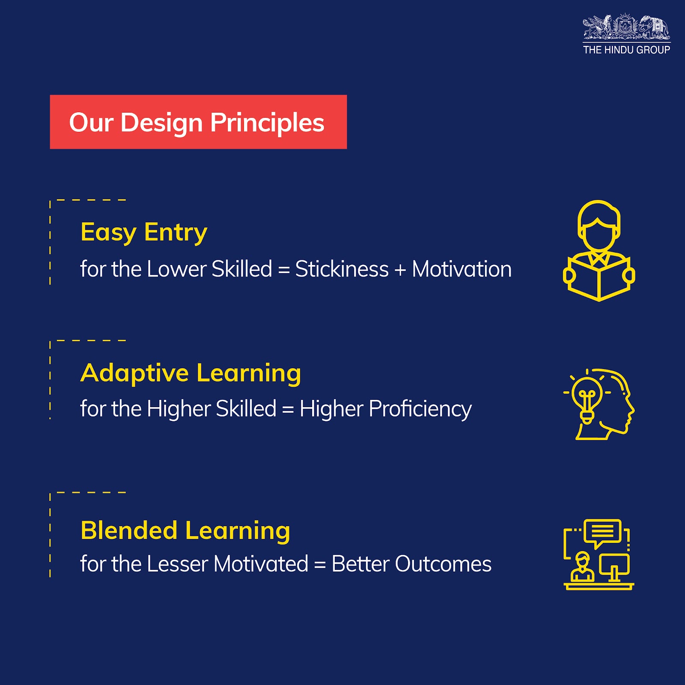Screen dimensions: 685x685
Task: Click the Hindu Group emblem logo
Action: click(626, 28)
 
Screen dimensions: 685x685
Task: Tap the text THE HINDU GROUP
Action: click(626, 50)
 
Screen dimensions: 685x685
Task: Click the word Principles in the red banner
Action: click(267, 123)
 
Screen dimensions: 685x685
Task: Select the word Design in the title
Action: click(161, 123)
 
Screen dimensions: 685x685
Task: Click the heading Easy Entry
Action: click(144, 232)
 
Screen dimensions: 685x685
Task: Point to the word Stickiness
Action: click(342, 269)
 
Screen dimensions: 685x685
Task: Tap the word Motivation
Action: click(462, 269)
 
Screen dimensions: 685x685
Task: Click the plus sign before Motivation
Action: click(400, 270)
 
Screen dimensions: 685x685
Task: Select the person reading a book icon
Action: click(599, 251)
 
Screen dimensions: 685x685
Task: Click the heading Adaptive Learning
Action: click(191, 373)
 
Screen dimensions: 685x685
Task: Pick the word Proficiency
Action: click(420, 409)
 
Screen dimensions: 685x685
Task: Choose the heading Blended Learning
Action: click(185, 531)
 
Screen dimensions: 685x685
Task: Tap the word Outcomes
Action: click(443, 564)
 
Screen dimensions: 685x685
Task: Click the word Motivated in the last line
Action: click(261, 564)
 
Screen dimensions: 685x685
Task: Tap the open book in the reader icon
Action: click(599, 278)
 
